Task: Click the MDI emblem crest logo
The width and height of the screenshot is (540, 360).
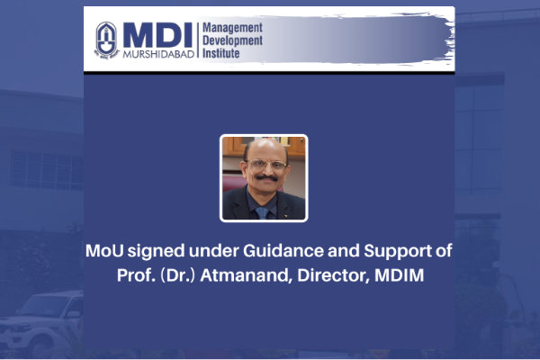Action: pyautogui.click(x=106, y=40)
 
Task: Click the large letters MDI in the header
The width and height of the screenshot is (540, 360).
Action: pyautogui.click(x=157, y=35)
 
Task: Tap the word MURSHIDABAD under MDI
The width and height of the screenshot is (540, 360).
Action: pyautogui.click(x=158, y=54)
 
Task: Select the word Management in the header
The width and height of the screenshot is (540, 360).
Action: pyautogui.click(x=232, y=28)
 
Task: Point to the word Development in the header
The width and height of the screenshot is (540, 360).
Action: pyautogui.click(x=232, y=40)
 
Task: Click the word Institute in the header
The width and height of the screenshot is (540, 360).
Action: pyautogui.click(x=220, y=53)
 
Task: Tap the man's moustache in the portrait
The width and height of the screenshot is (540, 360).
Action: pyautogui.click(x=266, y=178)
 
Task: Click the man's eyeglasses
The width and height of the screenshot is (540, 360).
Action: pyautogui.click(x=267, y=165)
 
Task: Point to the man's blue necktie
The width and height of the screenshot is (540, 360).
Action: pyautogui.click(x=263, y=213)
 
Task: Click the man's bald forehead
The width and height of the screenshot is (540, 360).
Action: pyautogui.click(x=266, y=148)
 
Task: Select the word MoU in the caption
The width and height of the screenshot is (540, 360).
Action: pyautogui.click(x=104, y=250)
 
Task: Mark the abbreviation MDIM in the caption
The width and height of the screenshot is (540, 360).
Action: pyautogui.click(x=399, y=275)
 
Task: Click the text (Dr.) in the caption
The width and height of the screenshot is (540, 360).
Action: pyautogui.click(x=177, y=275)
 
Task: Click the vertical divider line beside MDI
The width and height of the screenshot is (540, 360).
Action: pyautogui.click(x=198, y=40)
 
